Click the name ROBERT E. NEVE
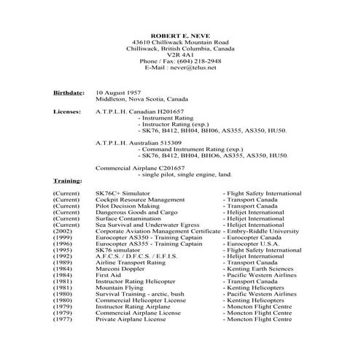(x=181, y=34)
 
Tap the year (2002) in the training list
(x=63, y=231)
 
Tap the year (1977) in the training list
(x=63, y=319)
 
